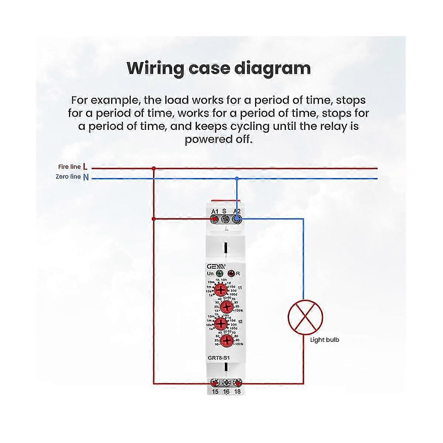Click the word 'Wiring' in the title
[x=155, y=69]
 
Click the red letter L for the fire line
[x=85, y=167]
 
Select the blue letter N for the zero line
[x=86, y=177]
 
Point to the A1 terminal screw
[x=214, y=220]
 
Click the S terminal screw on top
[x=225, y=220]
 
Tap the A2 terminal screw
[x=236, y=220]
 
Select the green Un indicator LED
[x=219, y=274]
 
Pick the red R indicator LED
[x=231, y=274]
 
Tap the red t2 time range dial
[x=221, y=324]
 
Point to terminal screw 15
[x=215, y=383]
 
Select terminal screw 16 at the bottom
[x=226, y=383]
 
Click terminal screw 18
[x=237, y=383]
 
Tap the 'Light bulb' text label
[x=324, y=340]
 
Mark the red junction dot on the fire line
[x=154, y=168]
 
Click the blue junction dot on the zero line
[x=237, y=179]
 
